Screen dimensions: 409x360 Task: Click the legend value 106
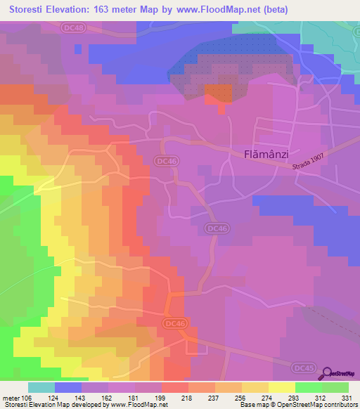(27, 398)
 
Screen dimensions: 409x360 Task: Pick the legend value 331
(347, 398)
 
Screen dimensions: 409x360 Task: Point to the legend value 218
(188, 398)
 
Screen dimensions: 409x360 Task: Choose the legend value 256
(241, 398)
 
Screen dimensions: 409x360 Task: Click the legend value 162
(108, 398)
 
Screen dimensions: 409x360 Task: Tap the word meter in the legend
(11, 398)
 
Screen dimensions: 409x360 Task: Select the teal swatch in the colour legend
(41, 387)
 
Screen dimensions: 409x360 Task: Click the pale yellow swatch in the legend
(282, 387)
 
